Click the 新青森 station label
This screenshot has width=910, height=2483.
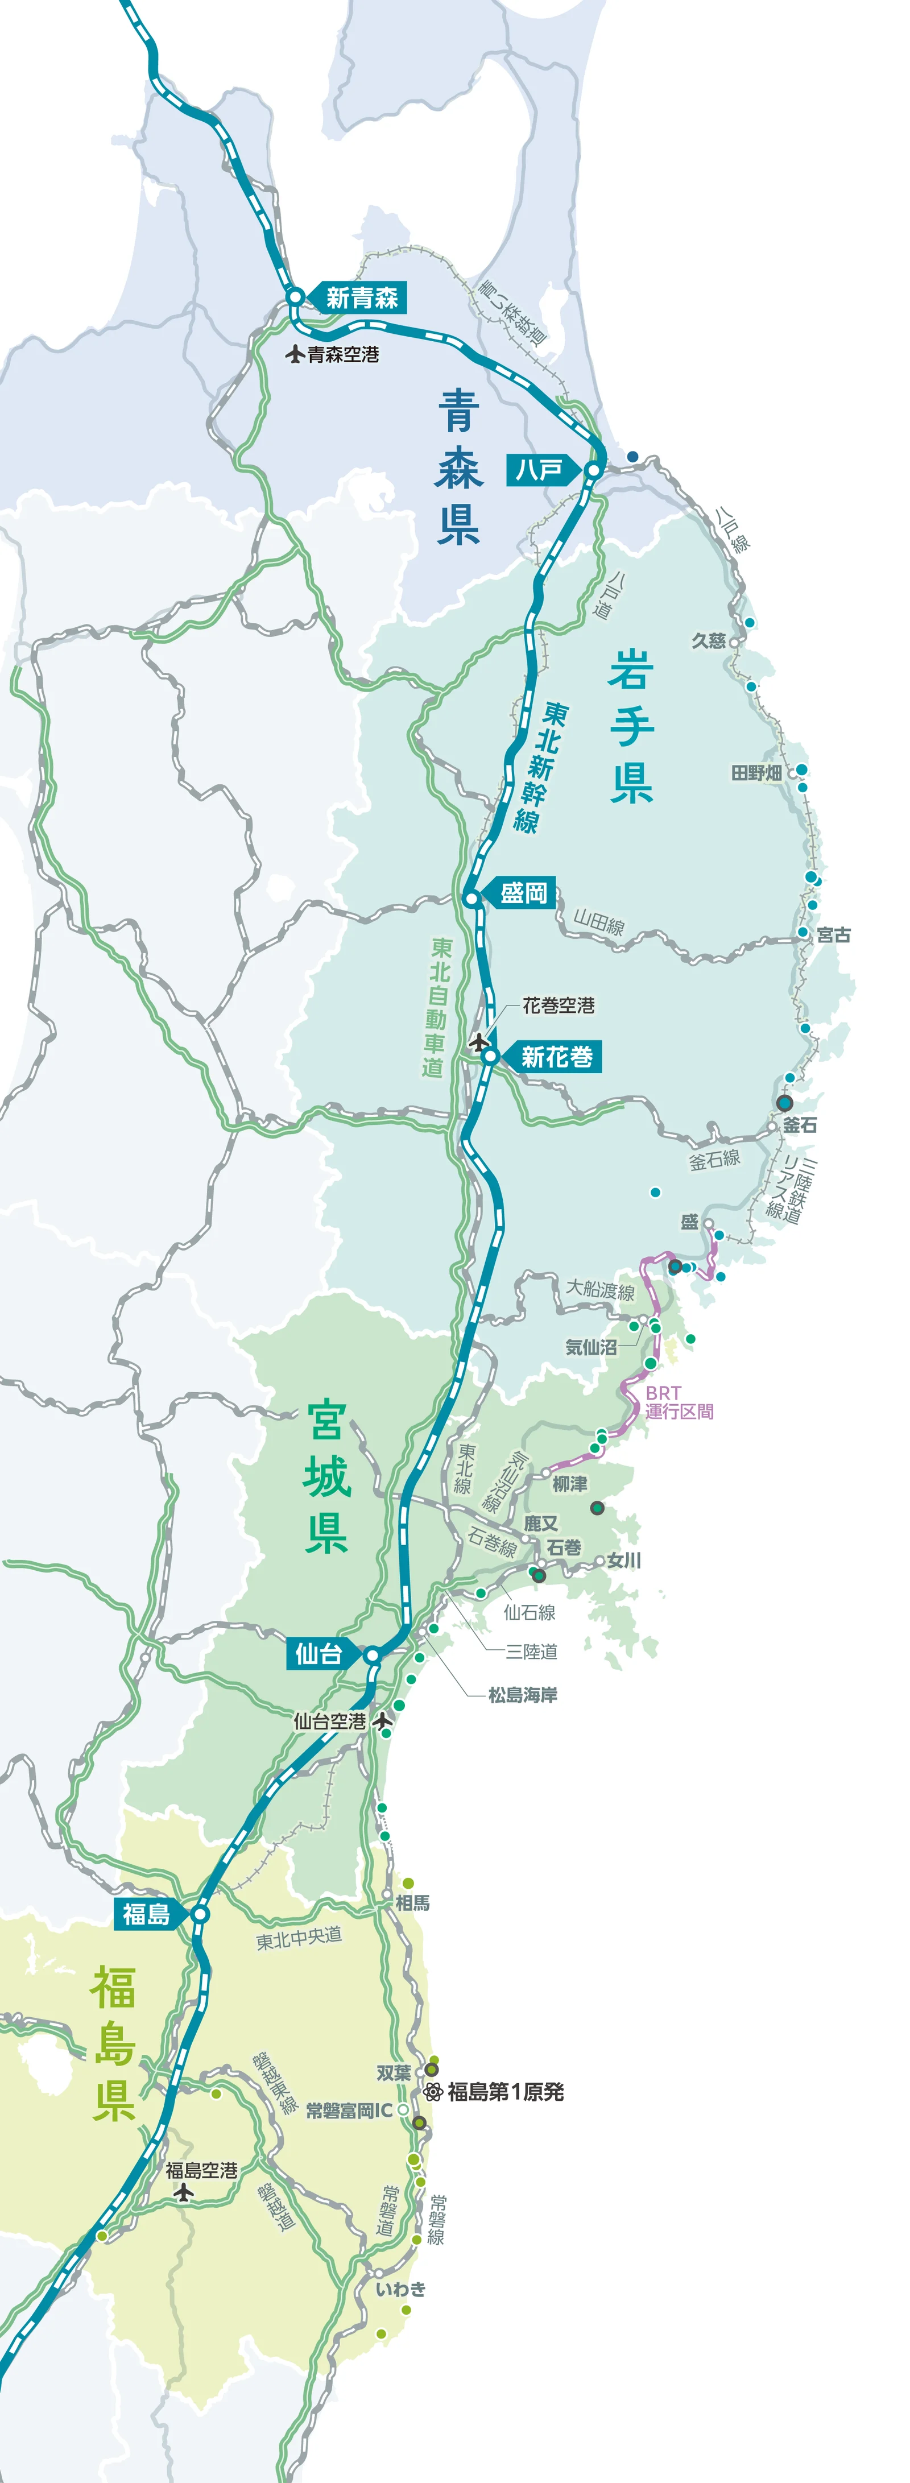tap(362, 298)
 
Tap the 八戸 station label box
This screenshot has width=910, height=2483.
tap(539, 469)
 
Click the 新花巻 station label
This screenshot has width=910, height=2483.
tap(556, 1057)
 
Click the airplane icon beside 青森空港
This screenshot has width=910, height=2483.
tap(296, 354)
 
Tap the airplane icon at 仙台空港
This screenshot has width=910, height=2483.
tap(384, 1720)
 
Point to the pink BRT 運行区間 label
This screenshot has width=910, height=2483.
tap(679, 1402)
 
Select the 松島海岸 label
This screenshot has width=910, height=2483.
tap(523, 1695)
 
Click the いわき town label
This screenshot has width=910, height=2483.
tap(400, 2289)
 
